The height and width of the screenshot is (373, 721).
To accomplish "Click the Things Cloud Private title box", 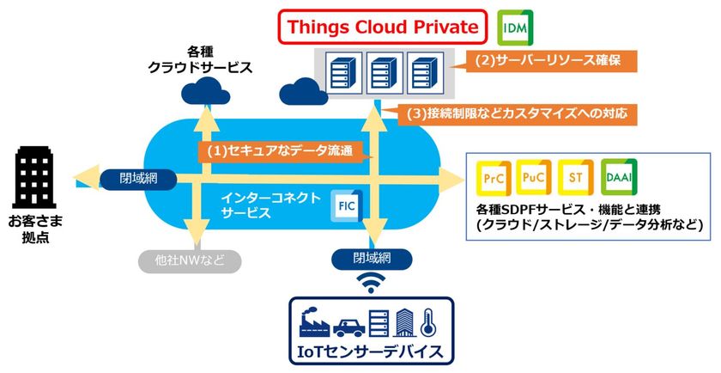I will point(383,28).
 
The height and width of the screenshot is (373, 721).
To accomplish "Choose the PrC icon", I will point(493,179).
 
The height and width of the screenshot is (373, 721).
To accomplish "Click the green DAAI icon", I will point(619,178).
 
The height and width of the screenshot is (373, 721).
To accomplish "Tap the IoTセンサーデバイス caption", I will point(370,351).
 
